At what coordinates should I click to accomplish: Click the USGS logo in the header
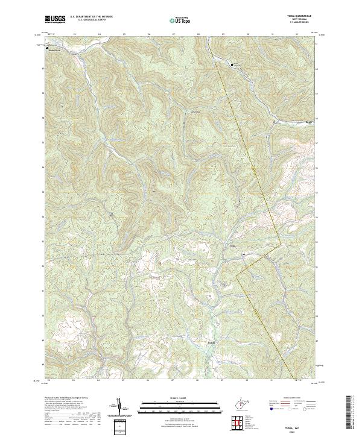[55, 19]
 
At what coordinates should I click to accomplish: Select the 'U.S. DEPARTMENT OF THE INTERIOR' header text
[91, 17]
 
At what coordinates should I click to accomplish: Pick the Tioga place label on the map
[232, 245]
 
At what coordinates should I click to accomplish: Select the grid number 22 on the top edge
[49, 34]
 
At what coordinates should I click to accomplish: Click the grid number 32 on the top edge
[297, 34]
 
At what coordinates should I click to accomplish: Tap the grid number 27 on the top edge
[173, 34]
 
